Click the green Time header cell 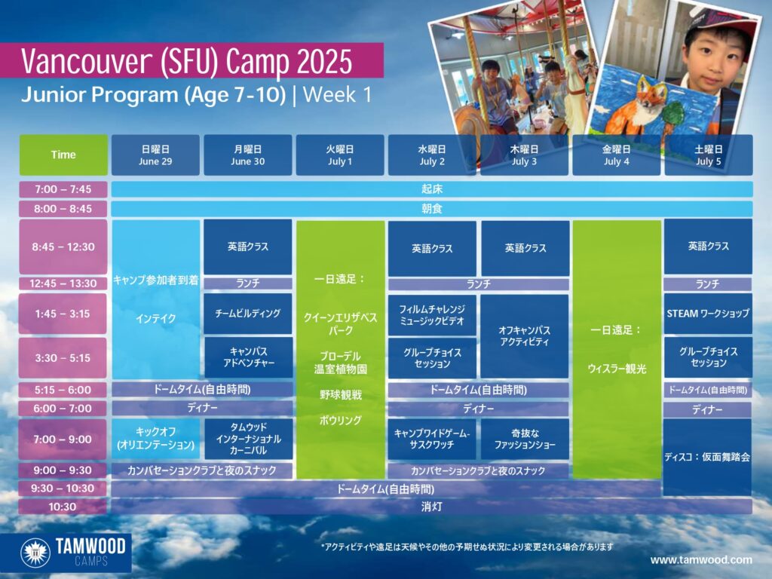(x=63, y=155)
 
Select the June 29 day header (x=155, y=155)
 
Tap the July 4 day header (x=617, y=155)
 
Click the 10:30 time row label (x=63, y=507)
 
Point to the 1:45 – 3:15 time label (x=63, y=314)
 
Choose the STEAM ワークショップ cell (x=708, y=314)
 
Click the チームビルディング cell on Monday (x=247, y=314)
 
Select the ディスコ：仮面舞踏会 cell (x=707, y=457)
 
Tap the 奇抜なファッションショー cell (x=525, y=440)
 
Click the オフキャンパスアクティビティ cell (x=525, y=336)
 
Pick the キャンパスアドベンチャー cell (x=248, y=357)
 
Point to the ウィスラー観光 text (x=617, y=369)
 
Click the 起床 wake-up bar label (x=432, y=189)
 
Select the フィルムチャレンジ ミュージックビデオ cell (x=432, y=315)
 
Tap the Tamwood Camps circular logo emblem (x=35, y=553)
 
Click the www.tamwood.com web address (x=701, y=560)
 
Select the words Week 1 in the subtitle (x=337, y=94)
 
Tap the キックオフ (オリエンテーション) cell (x=155, y=440)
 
